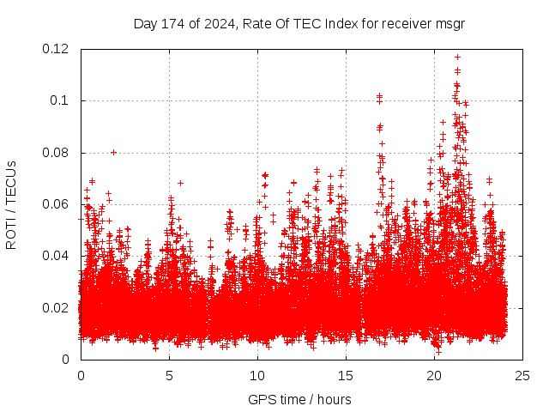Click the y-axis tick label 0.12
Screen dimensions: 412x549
[x=56, y=49]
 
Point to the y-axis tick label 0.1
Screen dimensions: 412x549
[x=59, y=100]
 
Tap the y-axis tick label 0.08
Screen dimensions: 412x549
[x=56, y=153]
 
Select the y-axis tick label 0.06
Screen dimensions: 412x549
[x=56, y=204]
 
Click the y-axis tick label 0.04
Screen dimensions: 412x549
[x=56, y=256]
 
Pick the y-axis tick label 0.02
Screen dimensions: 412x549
[x=56, y=308]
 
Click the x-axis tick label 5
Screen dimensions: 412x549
[x=169, y=376]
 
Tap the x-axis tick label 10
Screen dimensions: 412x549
[x=257, y=376]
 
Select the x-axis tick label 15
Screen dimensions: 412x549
[x=346, y=376]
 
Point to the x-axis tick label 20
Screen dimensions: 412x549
[x=434, y=376]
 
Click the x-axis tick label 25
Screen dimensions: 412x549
[x=522, y=376]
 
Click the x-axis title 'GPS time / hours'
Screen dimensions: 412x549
[x=299, y=399]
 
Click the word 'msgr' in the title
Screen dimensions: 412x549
[x=449, y=23]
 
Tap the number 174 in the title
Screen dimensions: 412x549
[x=173, y=23]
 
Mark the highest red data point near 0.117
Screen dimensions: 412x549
[x=458, y=57]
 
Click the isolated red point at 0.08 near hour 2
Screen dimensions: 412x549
[x=113, y=152]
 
